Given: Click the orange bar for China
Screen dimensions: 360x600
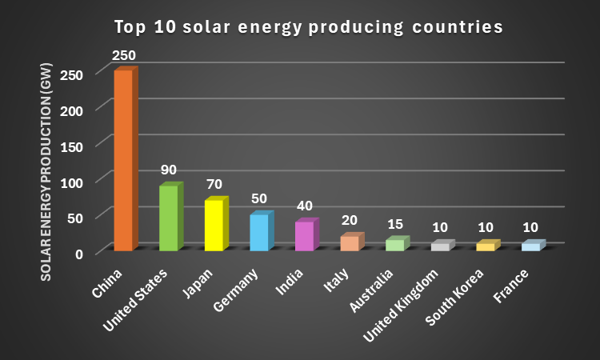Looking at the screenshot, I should click(124, 160).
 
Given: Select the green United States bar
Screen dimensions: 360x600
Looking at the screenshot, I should click(169, 218).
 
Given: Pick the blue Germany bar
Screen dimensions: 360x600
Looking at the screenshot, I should click(259, 232).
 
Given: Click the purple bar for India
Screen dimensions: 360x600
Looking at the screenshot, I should click(305, 236).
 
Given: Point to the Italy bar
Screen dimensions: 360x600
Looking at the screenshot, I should click(350, 243).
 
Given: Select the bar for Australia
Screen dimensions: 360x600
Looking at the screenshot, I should click(395, 245).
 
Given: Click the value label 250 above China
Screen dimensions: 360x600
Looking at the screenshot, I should click(124, 55).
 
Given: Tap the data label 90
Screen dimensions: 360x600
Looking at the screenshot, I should click(168, 170).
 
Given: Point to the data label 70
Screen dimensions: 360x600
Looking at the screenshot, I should click(214, 184).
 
